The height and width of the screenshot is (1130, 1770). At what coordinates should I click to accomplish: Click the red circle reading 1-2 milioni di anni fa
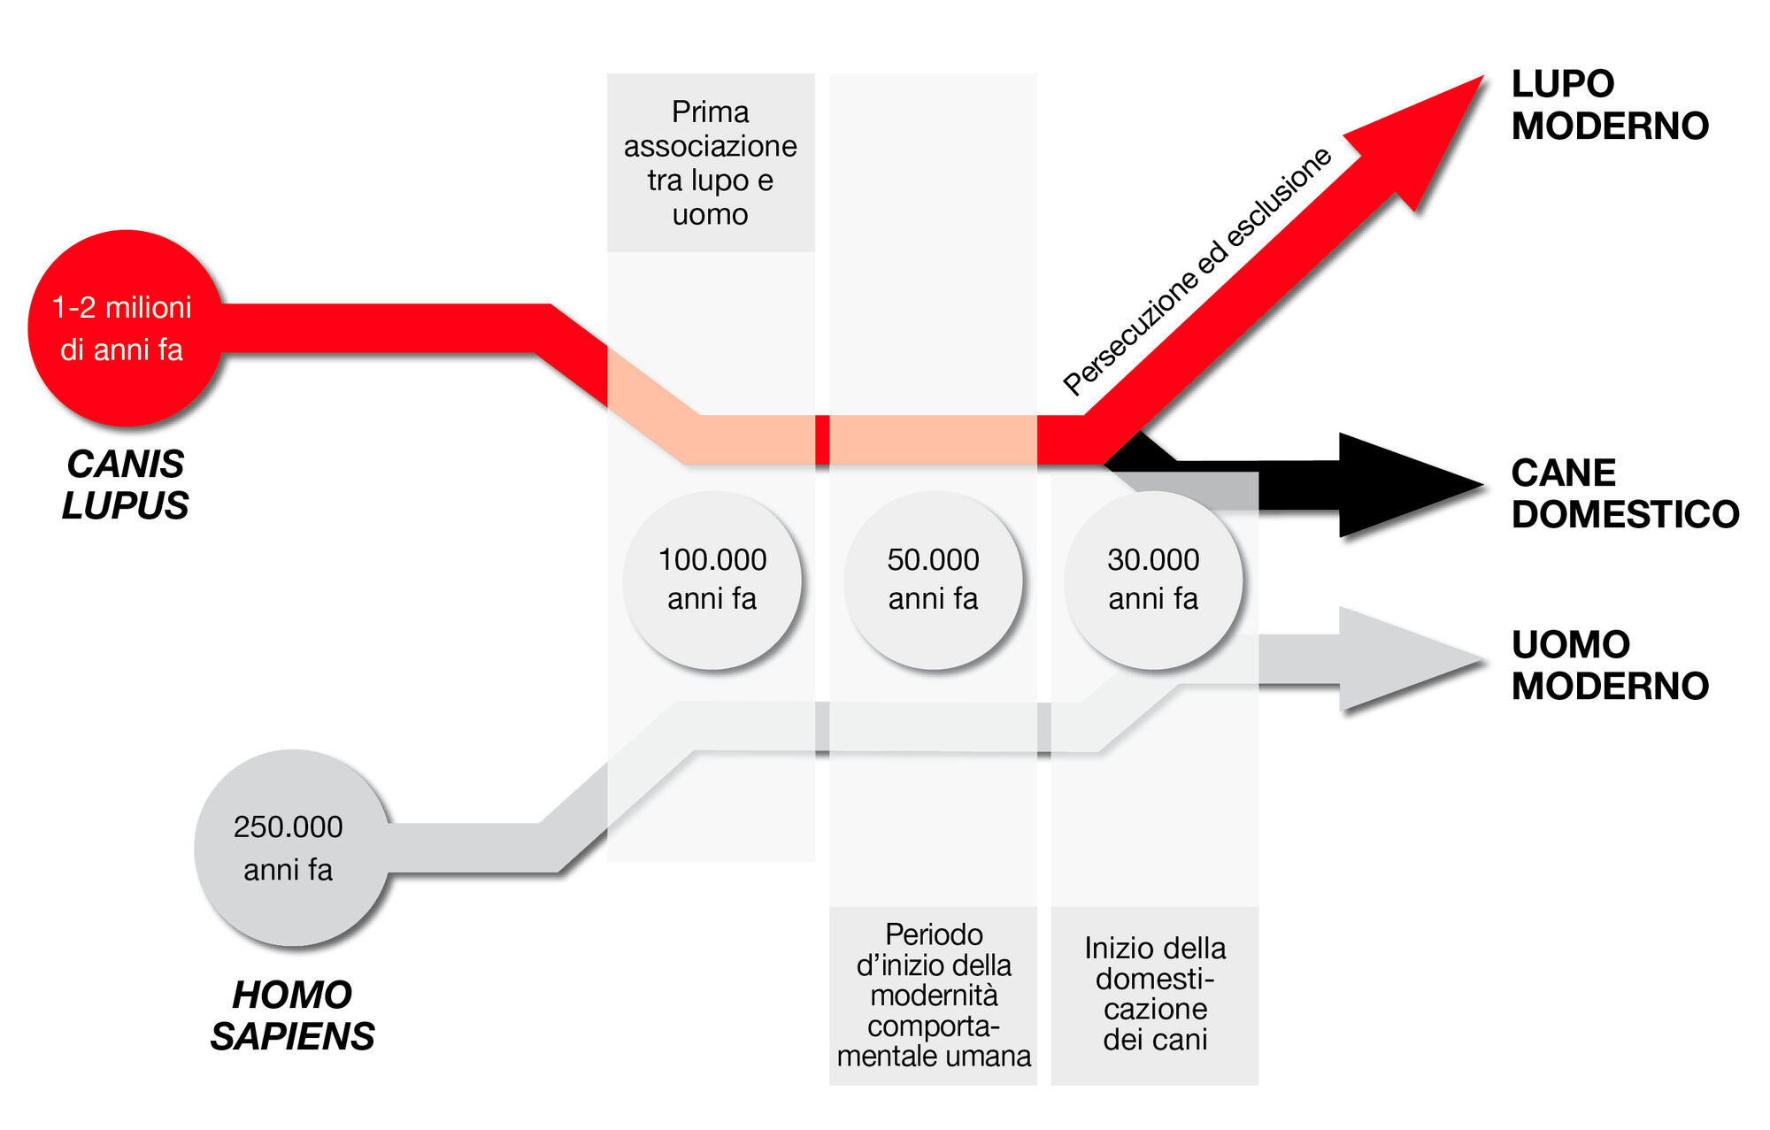(123, 328)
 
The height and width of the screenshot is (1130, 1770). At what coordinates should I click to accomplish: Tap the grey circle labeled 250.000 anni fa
(290, 848)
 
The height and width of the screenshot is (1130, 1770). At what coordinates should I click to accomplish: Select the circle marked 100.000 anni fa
(712, 580)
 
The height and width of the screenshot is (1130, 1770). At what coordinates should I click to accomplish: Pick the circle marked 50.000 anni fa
(933, 580)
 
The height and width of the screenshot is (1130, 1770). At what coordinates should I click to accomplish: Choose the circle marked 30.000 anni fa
(1153, 580)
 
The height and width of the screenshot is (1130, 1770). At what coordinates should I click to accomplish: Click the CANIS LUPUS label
(125, 485)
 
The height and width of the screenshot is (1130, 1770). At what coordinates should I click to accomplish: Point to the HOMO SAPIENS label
(292, 1016)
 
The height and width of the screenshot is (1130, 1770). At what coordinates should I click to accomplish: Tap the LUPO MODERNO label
(1609, 105)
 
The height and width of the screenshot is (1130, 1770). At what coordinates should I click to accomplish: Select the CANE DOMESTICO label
(1624, 494)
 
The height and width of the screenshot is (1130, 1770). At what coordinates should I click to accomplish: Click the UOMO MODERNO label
(1609, 665)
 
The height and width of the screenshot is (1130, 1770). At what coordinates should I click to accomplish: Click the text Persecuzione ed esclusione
(1197, 271)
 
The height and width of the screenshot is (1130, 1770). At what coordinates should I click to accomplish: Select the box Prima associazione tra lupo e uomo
(711, 163)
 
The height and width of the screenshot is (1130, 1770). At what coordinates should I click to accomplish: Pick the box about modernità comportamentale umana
(933, 995)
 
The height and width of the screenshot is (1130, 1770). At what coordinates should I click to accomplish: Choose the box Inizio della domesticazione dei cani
(1154, 995)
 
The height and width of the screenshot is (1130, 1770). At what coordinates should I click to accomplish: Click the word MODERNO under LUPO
(1609, 127)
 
